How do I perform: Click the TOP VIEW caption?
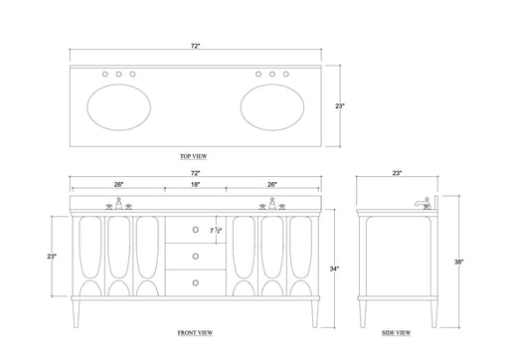[x=195, y=156]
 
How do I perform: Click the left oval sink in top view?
[x=118, y=106]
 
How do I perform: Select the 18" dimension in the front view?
[x=195, y=184]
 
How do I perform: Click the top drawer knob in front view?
[x=195, y=229]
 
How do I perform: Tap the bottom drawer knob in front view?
[x=195, y=282]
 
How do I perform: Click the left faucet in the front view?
[x=118, y=205]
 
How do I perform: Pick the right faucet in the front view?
[x=271, y=205]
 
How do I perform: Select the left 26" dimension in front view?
[x=118, y=184]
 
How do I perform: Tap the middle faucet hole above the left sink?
[x=118, y=75]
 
